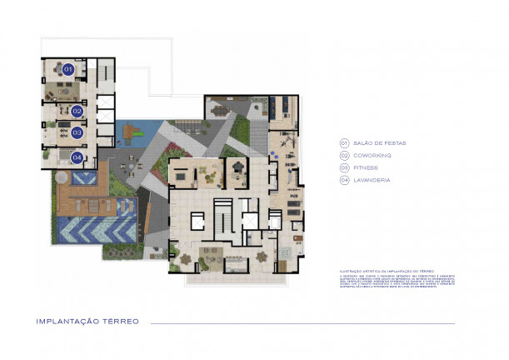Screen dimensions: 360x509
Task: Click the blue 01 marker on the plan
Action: tap(69, 68)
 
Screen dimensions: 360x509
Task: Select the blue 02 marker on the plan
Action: tap(77, 110)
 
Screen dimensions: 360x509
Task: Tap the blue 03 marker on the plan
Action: tap(77, 132)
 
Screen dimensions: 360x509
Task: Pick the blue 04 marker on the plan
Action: tap(77, 157)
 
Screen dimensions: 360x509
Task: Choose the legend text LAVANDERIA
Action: tap(372, 180)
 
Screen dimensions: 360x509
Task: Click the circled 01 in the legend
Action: tap(343, 142)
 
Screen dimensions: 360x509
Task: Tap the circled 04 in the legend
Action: tap(343, 180)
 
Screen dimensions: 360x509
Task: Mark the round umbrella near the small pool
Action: tap(60, 177)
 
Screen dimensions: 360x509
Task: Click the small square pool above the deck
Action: tap(82, 177)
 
